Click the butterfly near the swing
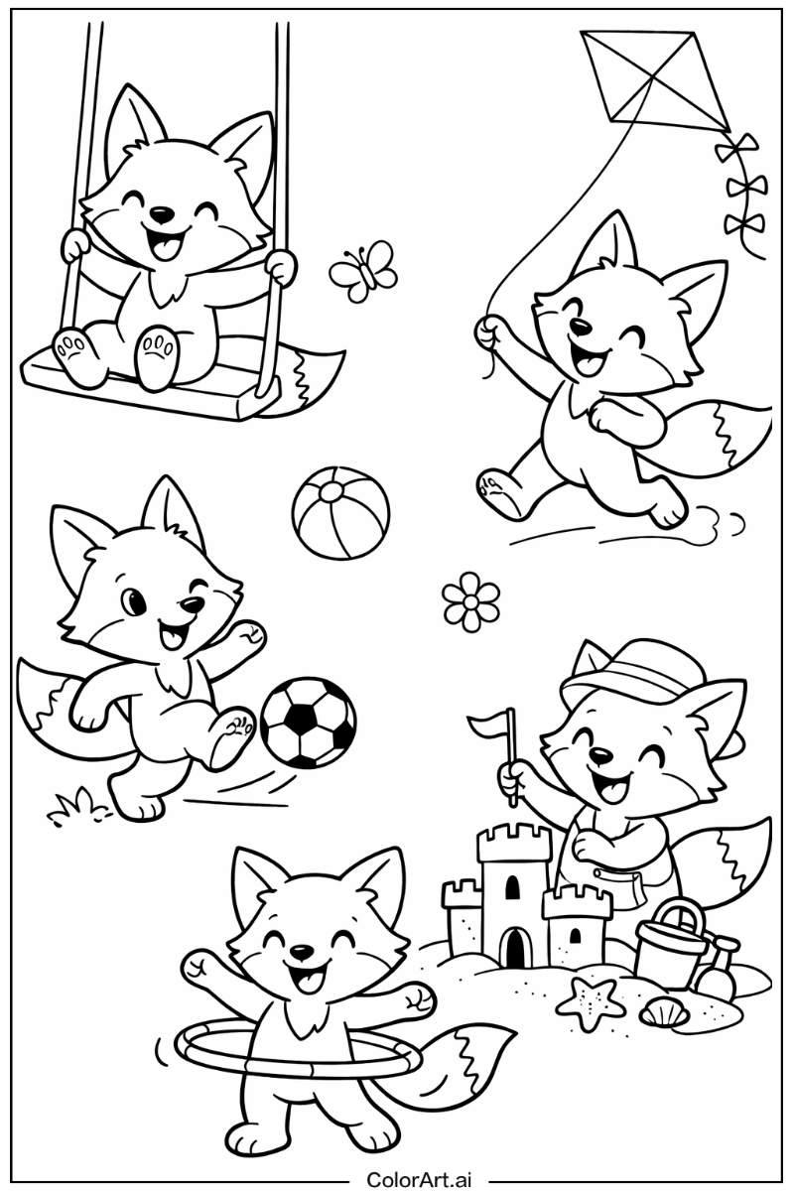pos(362,268)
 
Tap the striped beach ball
pos(340,514)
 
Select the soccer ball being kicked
pos(309,721)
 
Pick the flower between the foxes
pos(470,601)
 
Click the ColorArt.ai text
pos(420,1178)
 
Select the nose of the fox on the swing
pos(159,212)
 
